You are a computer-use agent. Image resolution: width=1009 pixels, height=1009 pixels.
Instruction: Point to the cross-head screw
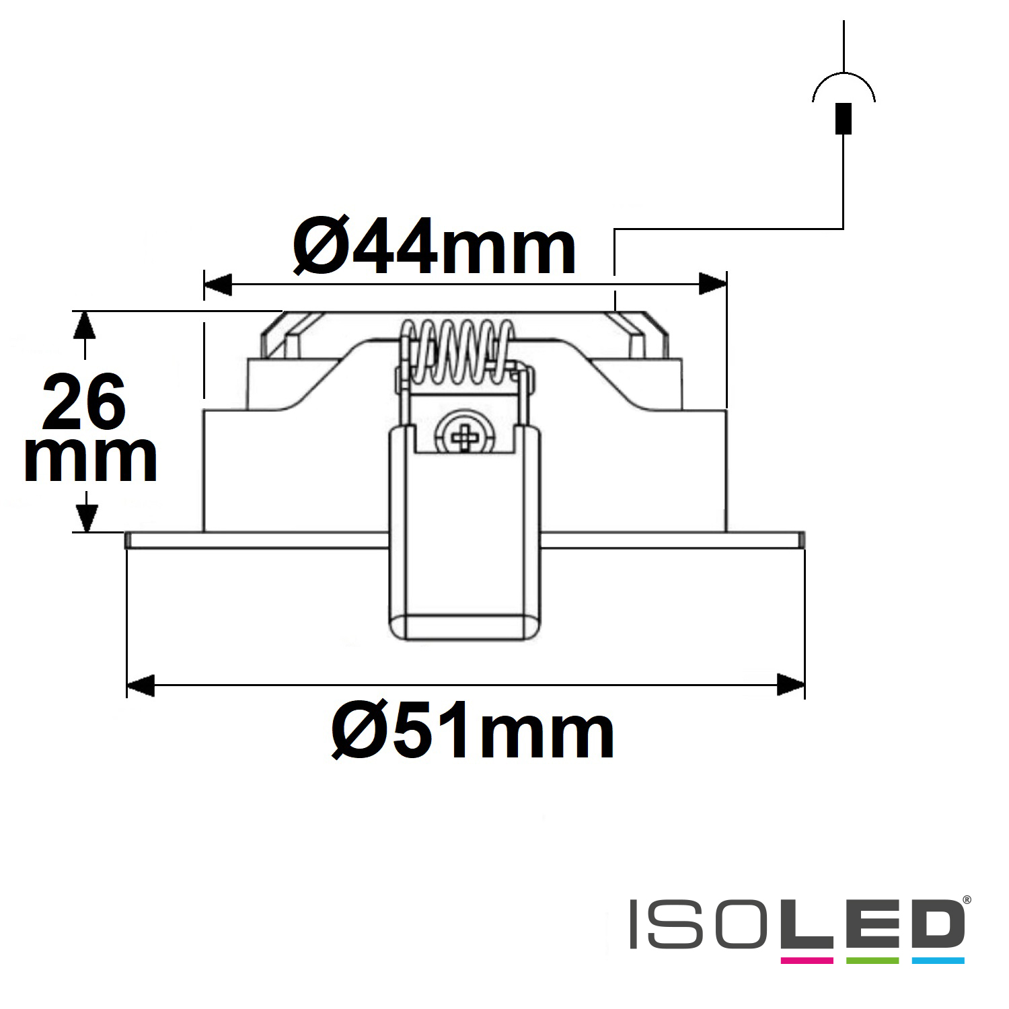[464, 436]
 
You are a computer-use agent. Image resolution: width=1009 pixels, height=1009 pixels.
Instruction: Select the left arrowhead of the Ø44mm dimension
[217, 285]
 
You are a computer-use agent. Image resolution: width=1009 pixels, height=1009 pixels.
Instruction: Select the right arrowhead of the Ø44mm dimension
[712, 285]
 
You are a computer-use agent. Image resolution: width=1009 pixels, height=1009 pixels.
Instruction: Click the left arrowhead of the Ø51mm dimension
[141, 685]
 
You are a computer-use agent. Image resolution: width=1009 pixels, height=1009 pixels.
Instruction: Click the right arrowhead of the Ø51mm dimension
[790, 685]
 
